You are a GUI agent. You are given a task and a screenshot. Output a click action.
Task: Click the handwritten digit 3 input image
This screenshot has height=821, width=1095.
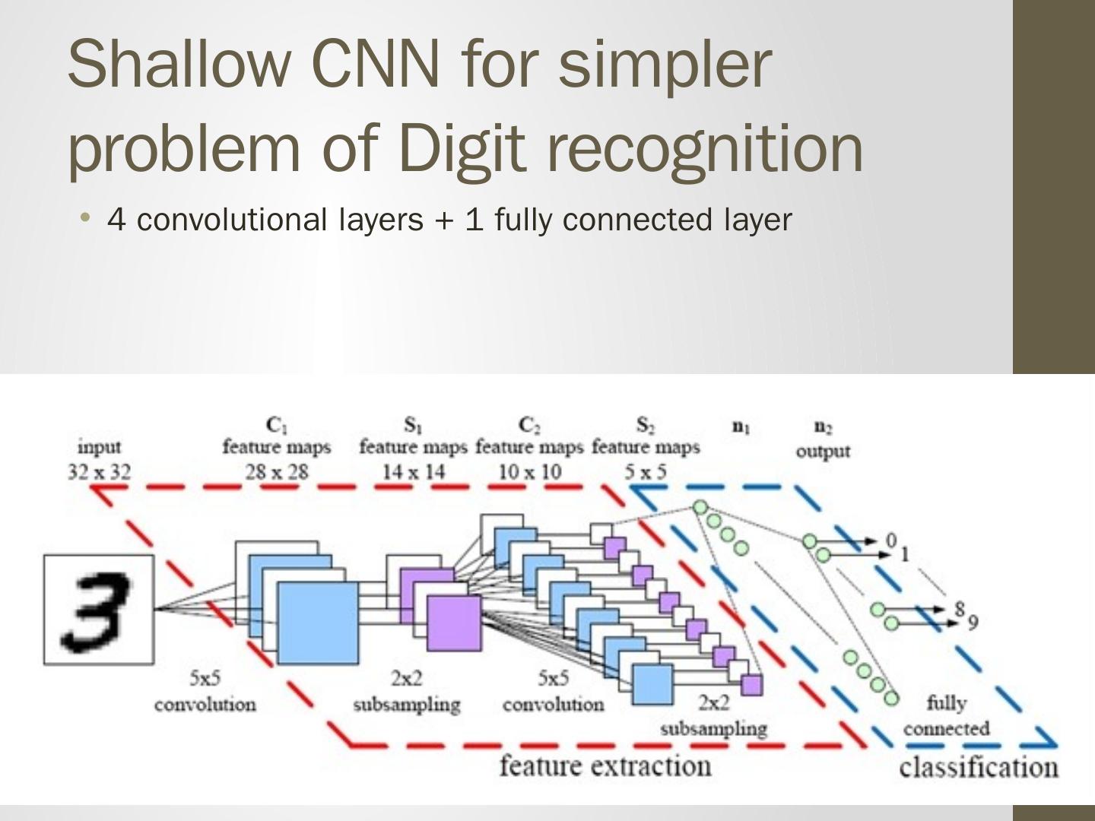coord(98,610)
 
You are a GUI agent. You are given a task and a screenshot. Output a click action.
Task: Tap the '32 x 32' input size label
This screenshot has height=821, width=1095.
coord(99,472)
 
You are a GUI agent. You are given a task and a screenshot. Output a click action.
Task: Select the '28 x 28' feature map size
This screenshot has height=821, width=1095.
coord(277,472)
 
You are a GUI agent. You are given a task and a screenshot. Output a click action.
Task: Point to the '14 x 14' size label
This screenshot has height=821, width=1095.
coord(413,472)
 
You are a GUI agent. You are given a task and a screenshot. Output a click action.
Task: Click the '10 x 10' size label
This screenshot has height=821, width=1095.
coord(529,472)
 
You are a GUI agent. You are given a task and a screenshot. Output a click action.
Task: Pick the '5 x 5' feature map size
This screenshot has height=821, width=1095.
coord(646,472)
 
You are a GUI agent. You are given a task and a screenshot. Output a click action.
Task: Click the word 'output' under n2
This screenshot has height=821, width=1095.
coord(823,451)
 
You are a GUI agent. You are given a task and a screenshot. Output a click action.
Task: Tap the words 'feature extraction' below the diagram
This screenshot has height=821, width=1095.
coord(605,766)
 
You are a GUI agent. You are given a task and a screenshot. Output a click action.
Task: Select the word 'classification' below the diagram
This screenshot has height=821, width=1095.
coord(978,767)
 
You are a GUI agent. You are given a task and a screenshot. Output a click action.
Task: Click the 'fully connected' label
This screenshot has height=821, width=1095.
coord(947,715)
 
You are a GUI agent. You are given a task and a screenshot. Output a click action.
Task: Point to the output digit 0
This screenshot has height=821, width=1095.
coord(891,540)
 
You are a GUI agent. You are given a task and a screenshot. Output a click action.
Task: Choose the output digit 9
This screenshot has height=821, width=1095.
coord(973,623)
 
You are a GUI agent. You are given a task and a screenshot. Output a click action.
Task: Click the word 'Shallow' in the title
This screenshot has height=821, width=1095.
coord(177,63)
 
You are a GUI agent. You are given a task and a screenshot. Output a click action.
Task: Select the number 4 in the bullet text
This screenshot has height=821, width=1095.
coord(116,220)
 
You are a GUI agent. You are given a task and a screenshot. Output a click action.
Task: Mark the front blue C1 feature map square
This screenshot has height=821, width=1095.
coord(317,623)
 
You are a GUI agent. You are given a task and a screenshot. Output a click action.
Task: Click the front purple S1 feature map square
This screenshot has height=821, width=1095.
coord(453,623)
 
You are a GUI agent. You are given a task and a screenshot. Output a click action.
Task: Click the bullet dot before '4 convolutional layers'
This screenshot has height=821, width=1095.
coord(85,219)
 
